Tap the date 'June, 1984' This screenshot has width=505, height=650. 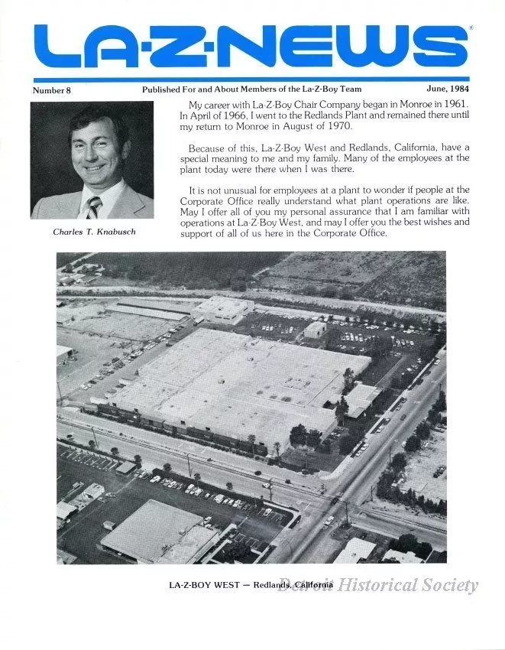coord(448,90)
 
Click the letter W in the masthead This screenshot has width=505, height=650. coord(362,47)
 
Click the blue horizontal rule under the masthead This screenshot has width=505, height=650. coord(252,79)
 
